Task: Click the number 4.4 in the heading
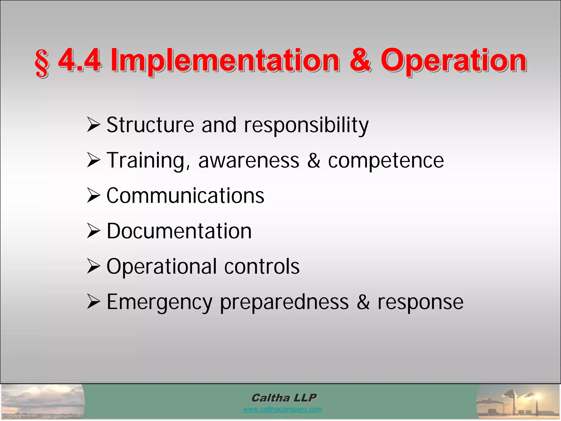pyautogui.click(x=80, y=60)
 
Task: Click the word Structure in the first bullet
pyautogui.click(x=150, y=125)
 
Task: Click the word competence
pyautogui.click(x=386, y=161)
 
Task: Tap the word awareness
pyautogui.click(x=248, y=161)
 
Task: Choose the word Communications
pyautogui.click(x=185, y=196)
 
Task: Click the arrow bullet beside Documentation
pyautogui.click(x=93, y=231)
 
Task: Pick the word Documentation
pyautogui.click(x=179, y=231)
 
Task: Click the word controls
pyautogui.click(x=262, y=266)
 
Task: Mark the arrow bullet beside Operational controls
pyautogui.click(x=93, y=266)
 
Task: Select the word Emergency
pyautogui.click(x=159, y=302)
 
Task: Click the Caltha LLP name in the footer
pyautogui.click(x=284, y=398)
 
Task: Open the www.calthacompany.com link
pyautogui.click(x=282, y=409)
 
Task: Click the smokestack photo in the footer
pyautogui.click(x=518, y=402)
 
